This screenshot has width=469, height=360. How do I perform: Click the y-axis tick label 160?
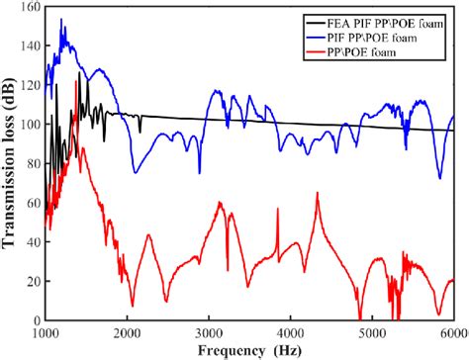(29, 8)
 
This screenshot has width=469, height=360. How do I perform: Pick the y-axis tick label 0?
(36, 319)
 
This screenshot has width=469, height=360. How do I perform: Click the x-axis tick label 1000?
(47, 333)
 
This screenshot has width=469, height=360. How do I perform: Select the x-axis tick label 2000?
(128, 333)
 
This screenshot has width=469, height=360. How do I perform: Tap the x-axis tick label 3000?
(209, 333)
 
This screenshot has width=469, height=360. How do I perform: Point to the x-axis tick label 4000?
(290, 333)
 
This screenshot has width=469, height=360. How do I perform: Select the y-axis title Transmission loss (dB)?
(9, 163)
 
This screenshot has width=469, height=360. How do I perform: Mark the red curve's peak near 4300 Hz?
(318, 194)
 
